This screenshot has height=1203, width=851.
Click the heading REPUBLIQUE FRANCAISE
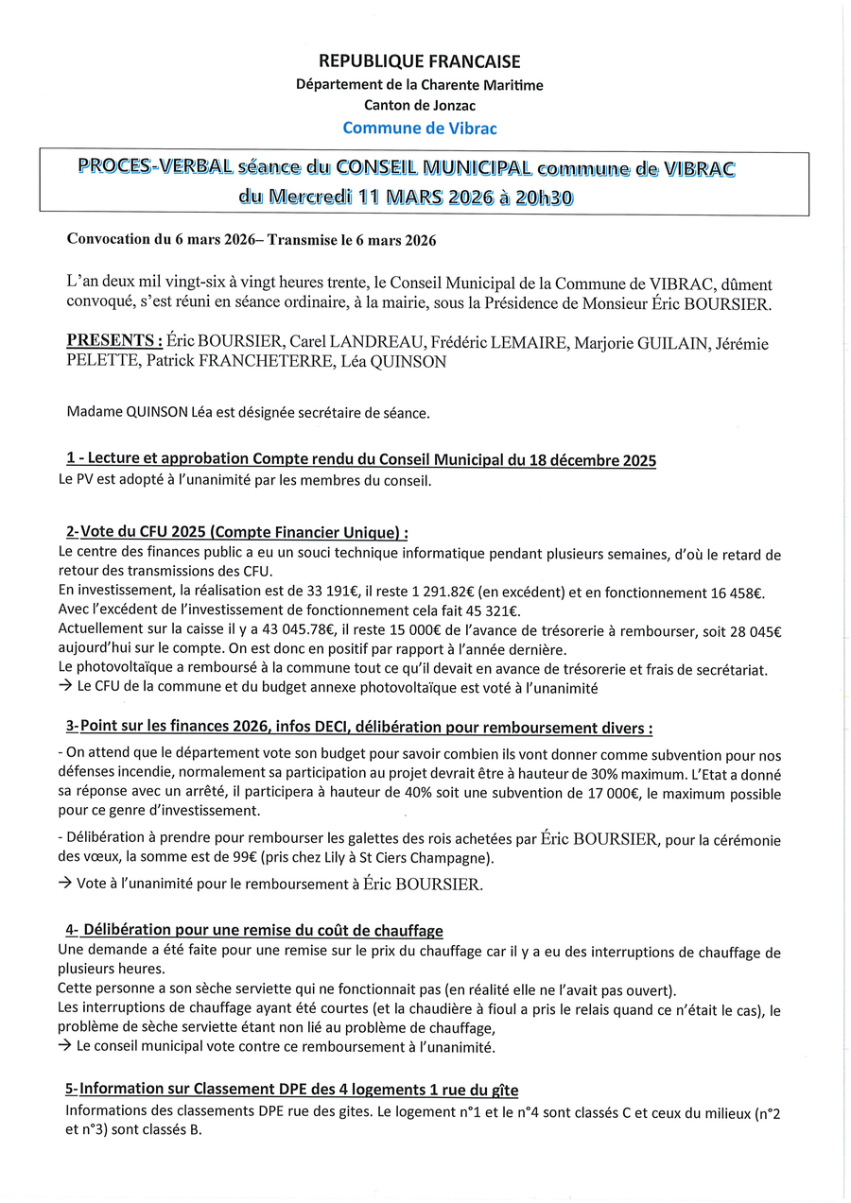point(419,62)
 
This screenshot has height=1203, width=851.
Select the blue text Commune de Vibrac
point(419,128)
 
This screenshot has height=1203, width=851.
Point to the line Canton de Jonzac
point(419,106)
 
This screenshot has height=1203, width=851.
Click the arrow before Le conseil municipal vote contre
point(64,1047)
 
